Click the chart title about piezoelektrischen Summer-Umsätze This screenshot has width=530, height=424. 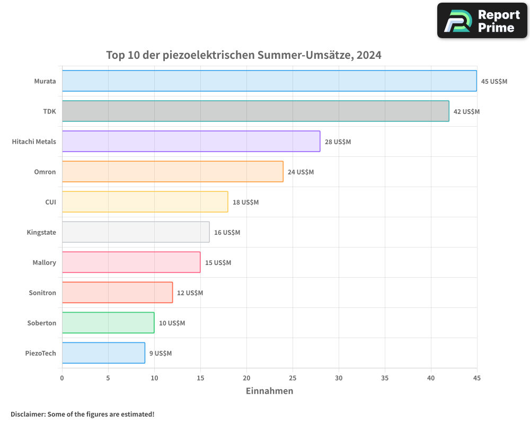(244, 55)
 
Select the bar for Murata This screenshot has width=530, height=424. (269, 81)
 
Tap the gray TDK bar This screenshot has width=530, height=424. (255, 111)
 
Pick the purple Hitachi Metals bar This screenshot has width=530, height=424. (191, 142)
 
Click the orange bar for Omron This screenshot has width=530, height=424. (172, 172)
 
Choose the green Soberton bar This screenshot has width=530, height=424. (108, 323)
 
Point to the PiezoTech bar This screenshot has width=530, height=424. (103, 353)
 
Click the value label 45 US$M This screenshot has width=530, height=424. (494, 82)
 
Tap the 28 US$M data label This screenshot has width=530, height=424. (338, 142)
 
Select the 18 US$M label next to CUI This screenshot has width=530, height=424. (245, 202)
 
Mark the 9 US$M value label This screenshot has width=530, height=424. (160, 354)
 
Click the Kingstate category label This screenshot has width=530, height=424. (41, 232)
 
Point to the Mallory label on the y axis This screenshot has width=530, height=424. (44, 262)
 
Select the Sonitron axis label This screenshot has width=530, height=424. (42, 293)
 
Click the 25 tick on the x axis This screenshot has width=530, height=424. (293, 378)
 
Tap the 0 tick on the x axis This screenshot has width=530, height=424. (62, 378)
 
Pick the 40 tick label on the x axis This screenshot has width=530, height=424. (431, 378)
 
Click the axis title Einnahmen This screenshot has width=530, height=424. (269, 391)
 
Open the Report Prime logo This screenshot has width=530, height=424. (482, 21)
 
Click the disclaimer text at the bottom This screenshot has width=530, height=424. (82, 414)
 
